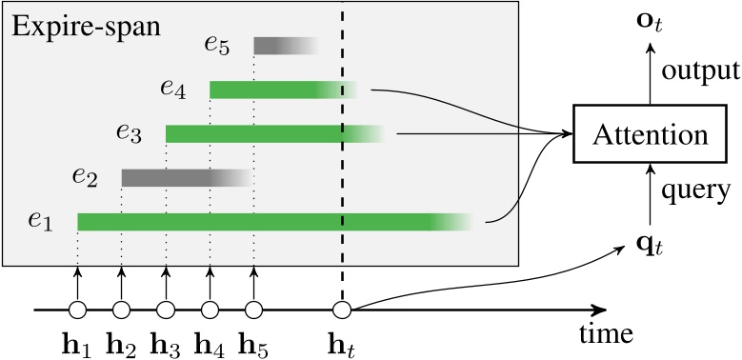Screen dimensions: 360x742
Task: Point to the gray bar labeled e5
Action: point(282,46)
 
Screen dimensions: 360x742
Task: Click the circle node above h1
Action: point(77,310)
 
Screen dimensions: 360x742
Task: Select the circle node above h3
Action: point(165,310)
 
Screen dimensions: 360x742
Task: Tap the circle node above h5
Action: point(252,310)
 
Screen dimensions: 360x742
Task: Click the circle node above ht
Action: point(342,310)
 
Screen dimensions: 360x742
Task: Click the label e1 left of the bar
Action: point(39,222)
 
